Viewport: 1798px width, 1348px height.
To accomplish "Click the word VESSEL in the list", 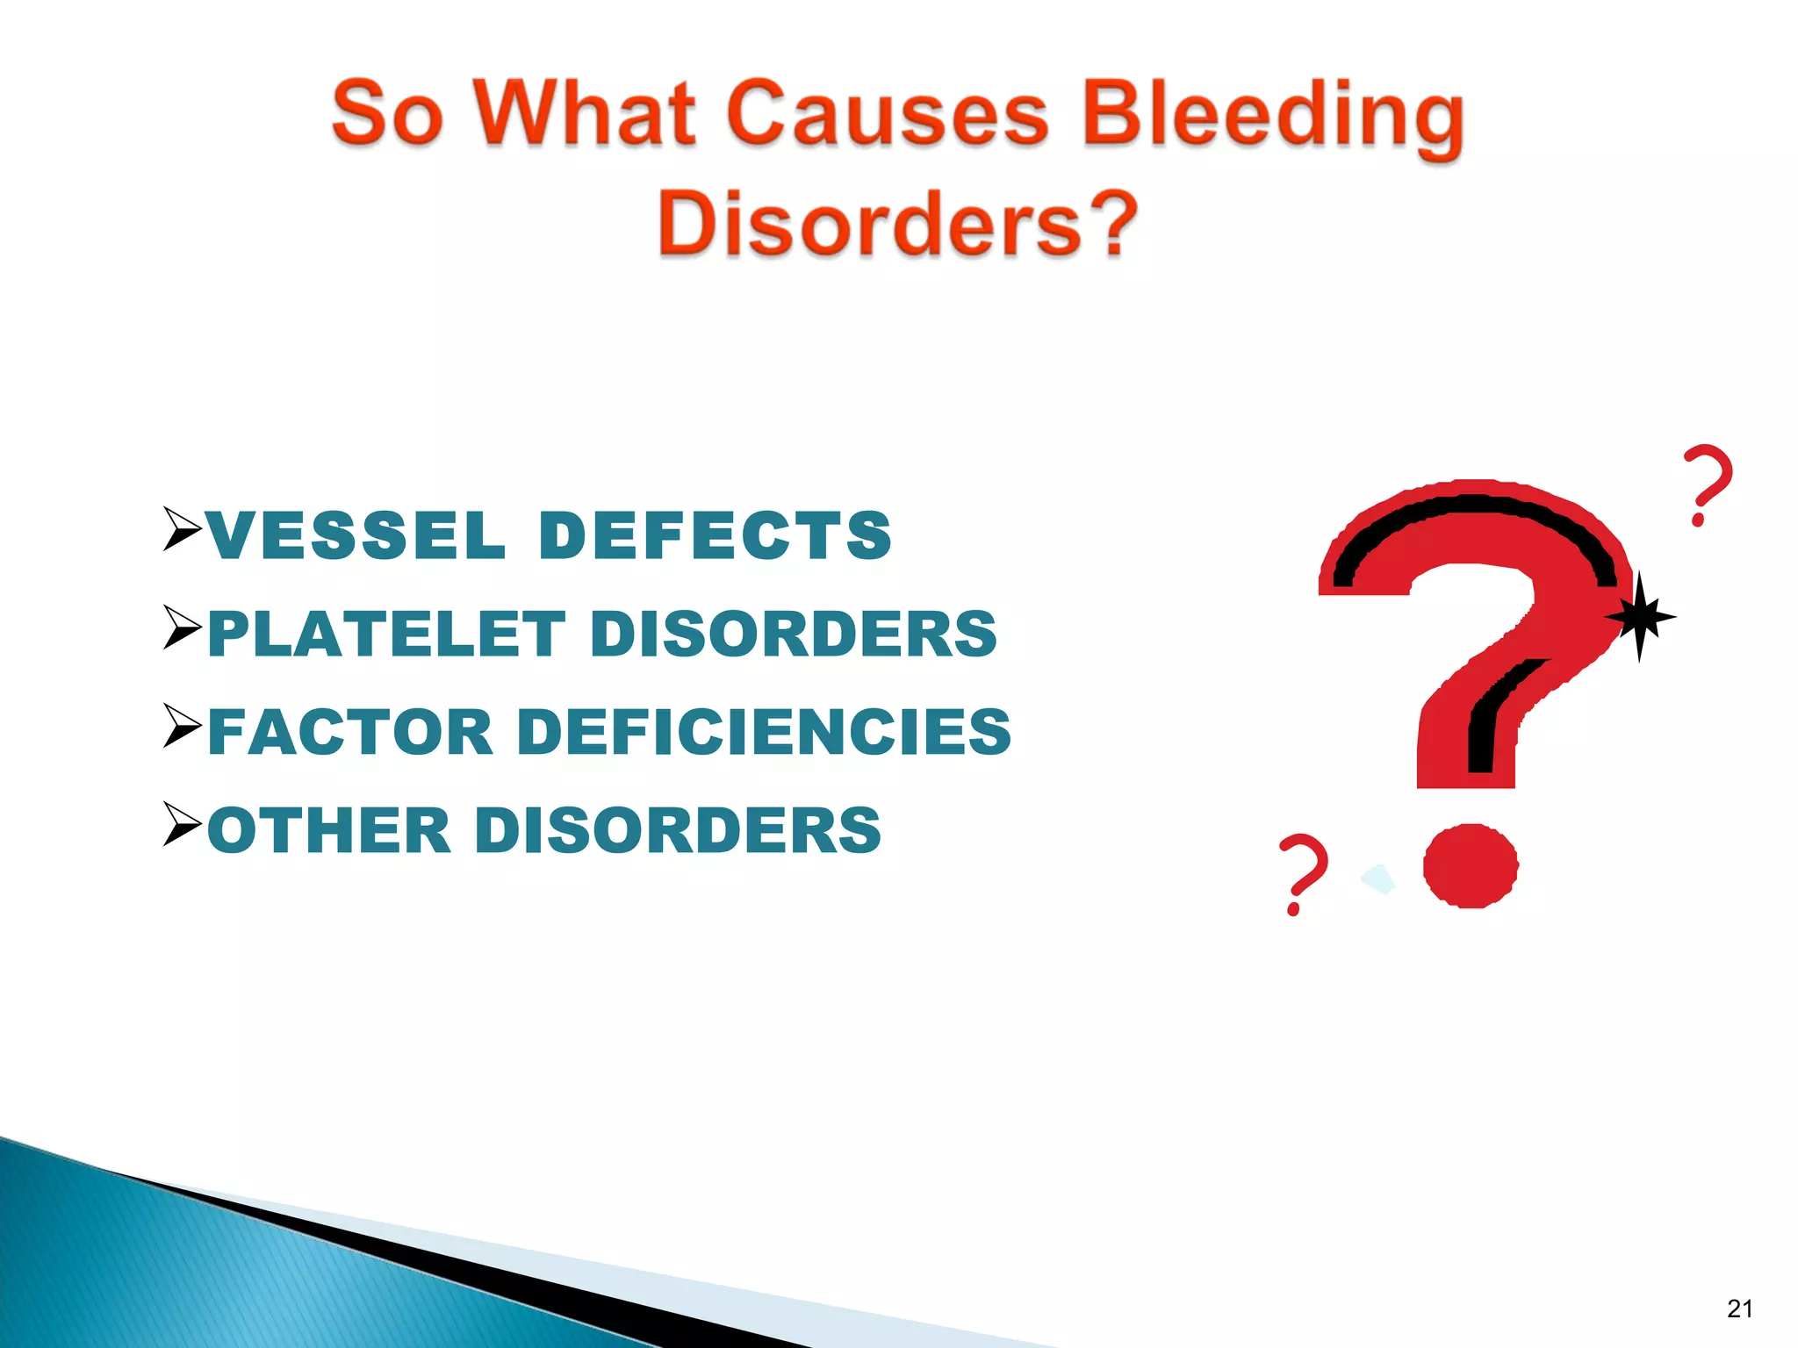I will coord(356,535).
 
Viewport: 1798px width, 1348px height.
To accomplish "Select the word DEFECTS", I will coord(716,535).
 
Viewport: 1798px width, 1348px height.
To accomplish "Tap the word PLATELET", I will coord(386,634).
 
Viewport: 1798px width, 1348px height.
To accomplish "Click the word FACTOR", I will coord(351,732).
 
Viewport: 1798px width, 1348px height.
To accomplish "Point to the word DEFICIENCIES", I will coord(764,732).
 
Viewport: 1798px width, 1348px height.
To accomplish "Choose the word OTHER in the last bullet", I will coord(329,830).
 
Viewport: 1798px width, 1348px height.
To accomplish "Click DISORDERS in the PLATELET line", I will coord(794,634).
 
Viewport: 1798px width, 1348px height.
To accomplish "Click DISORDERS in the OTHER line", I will coord(678,830).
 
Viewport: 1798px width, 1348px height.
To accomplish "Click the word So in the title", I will coord(386,114).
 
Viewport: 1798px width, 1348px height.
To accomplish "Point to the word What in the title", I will coord(586,114).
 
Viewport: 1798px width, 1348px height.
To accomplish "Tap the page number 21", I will coord(1739,1309).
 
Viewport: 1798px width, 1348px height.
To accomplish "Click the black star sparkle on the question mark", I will coord(1639,617).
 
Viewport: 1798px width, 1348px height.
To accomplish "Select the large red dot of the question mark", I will coord(1471,865).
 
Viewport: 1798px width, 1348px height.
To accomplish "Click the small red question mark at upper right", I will coord(1707,484).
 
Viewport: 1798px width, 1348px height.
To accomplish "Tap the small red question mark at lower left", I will coord(1302,874).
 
